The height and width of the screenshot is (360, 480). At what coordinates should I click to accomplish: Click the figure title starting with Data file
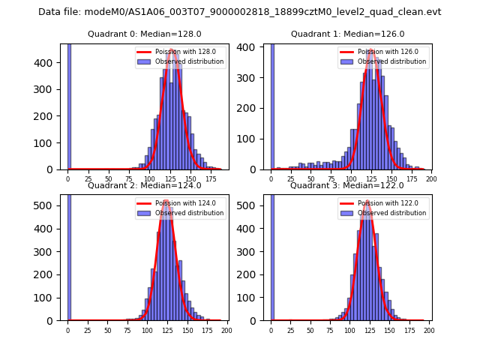(240, 12)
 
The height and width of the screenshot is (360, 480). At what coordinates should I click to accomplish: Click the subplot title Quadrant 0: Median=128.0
(144, 34)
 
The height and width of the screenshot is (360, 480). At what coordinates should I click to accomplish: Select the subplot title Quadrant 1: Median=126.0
(347, 34)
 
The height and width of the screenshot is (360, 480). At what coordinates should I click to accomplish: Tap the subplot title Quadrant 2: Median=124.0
(144, 185)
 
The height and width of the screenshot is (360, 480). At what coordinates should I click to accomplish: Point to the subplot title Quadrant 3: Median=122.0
(347, 185)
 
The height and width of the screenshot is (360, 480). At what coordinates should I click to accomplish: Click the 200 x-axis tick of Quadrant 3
(429, 330)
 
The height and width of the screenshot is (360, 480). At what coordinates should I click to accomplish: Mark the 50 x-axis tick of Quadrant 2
(107, 330)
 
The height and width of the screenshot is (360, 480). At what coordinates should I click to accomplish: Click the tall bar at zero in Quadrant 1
(271, 105)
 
